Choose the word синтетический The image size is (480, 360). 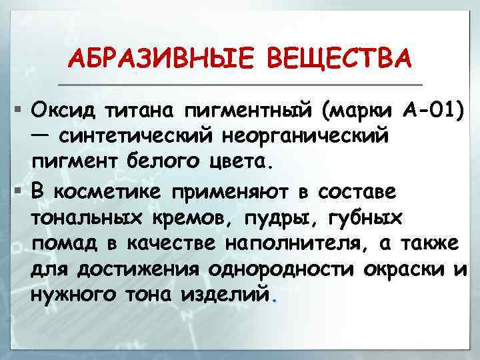pos(136,136)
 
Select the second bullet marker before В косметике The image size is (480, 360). pos(10,191)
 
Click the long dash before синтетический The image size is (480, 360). pos(41,135)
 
